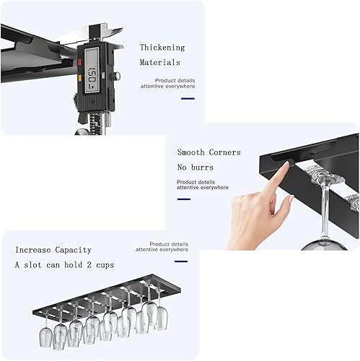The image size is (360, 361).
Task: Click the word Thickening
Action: coord(162,48)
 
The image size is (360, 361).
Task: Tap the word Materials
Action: coord(159,63)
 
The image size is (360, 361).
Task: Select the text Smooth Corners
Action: coord(209,152)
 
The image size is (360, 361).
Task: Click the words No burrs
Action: coord(196,167)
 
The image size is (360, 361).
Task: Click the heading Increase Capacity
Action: coord(53,250)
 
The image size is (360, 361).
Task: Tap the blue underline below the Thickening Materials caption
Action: coord(163,99)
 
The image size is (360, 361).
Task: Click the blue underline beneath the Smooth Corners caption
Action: coord(184,199)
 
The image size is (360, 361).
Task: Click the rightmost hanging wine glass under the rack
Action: coord(160,315)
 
